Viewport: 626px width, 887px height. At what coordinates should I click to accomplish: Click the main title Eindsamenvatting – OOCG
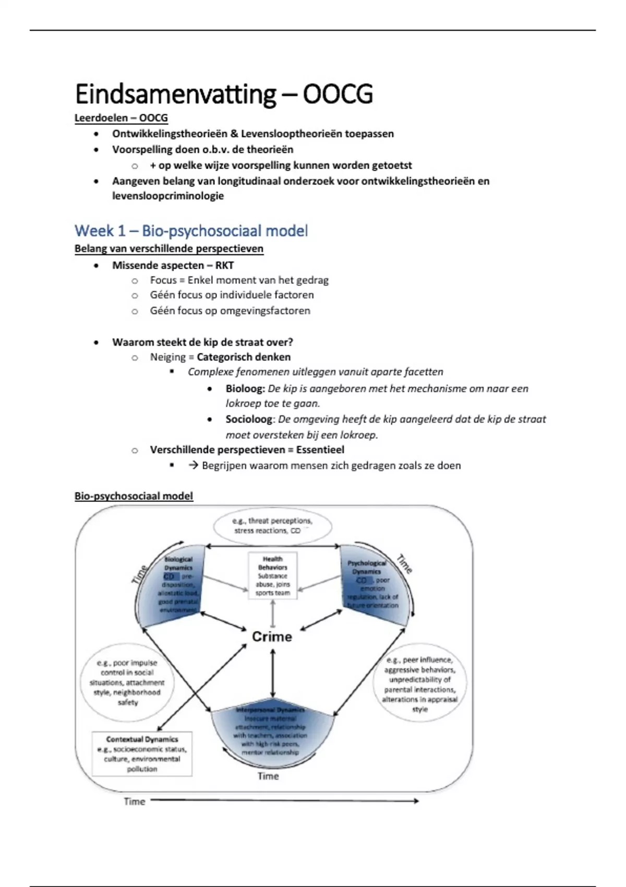pyautogui.click(x=223, y=94)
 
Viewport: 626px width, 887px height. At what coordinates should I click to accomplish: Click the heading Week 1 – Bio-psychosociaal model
pyautogui.click(x=191, y=231)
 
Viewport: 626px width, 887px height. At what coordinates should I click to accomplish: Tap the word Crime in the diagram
pyautogui.click(x=272, y=637)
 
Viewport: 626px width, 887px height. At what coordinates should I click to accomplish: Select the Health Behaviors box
pyautogui.click(x=272, y=576)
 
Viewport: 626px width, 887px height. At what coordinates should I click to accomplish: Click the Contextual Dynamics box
pyautogui.click(x=142, y=753)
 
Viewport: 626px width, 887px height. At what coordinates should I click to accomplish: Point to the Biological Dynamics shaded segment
pyautogui.click(x=175, y=584)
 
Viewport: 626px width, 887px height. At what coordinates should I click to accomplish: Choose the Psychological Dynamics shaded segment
pyautogui.click(x=373, y=584)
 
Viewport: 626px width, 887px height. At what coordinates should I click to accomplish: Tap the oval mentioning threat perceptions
pyautogui.click(x=273, y=525)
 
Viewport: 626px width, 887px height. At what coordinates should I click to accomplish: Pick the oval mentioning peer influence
pyautogui.click(x=420, y=684)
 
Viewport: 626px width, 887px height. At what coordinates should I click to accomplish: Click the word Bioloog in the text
pyautogui.click(x=245, y=389)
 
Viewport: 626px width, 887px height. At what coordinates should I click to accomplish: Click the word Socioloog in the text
pyautogui.click(x=249, y=419)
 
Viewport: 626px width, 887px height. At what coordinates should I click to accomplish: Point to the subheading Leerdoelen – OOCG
pyautogui.click(x=121, y=118)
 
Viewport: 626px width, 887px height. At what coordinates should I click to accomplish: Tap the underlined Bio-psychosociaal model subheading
pyautogui.click(x=134, y=496)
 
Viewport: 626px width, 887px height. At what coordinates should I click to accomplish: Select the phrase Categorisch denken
pyautogui.click(x=244, y=357)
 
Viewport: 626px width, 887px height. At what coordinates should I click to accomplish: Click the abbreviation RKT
pyautogui.click(x=224, y=265)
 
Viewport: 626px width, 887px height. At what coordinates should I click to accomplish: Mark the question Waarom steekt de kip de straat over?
pyautogui.click(x=202, y=342)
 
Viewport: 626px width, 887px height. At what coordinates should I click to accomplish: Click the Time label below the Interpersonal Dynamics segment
pyautogui.click(x=268, y=776)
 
